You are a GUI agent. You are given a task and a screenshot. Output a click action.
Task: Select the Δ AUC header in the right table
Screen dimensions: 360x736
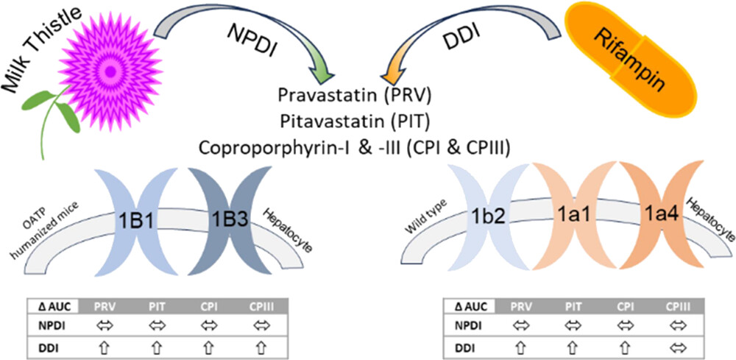click(470, 305)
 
